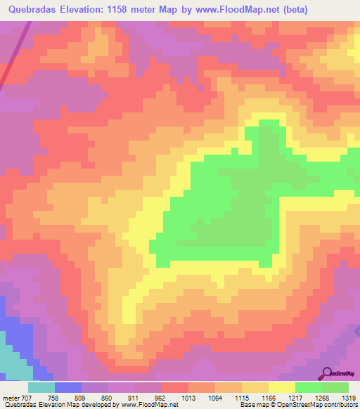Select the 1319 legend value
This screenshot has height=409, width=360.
pos(347,397)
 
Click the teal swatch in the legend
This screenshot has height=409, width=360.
pos(41,387)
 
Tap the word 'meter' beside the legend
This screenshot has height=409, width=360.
pos(11,397)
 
